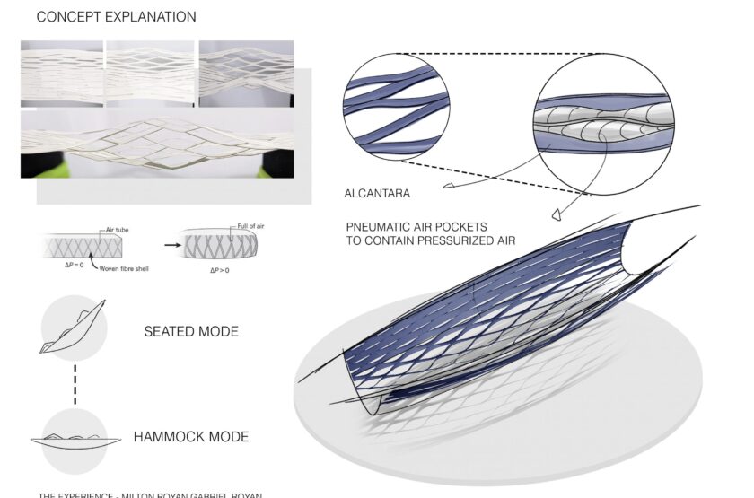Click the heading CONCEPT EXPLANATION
[x=116, y=17]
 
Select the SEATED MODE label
[x=191, y=332]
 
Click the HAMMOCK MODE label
[x=191, y=438]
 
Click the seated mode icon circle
[x=74, y=328]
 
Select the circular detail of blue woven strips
[x=396, y=106]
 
